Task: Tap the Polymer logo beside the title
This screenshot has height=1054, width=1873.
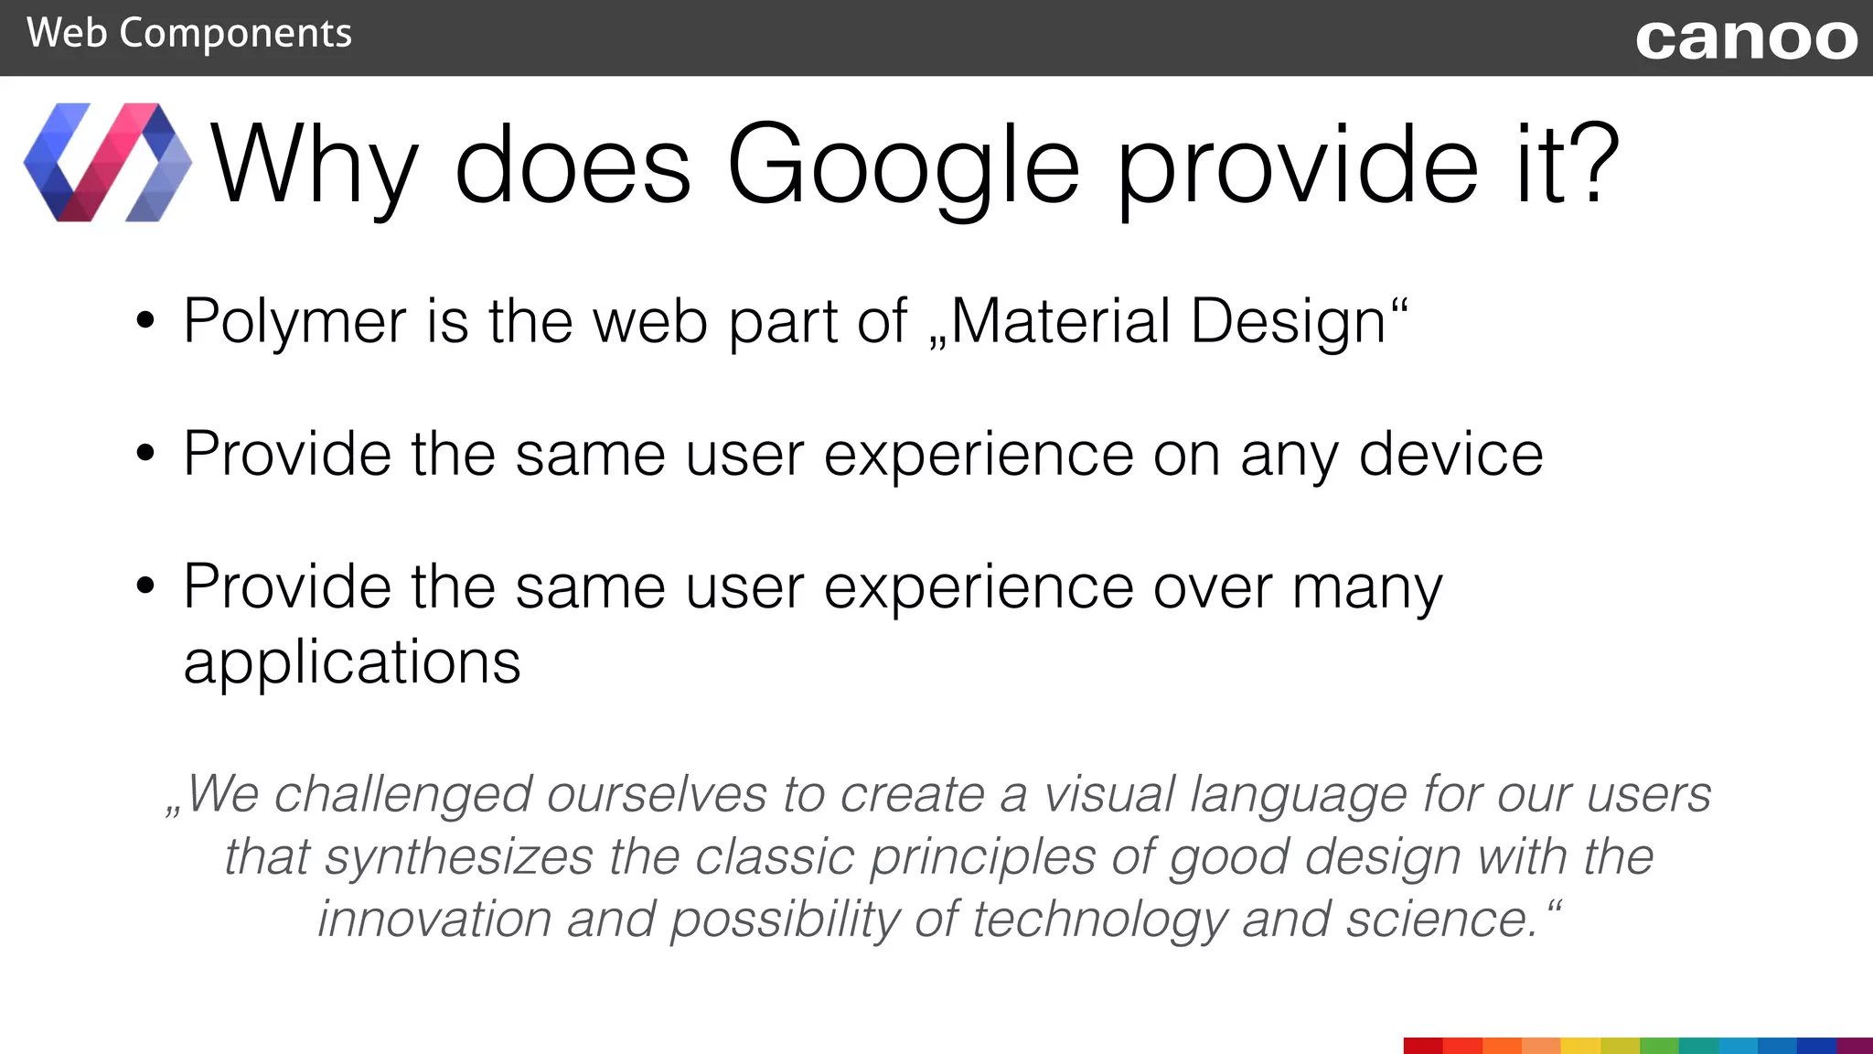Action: [x=108, y=163]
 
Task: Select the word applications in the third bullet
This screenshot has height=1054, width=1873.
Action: [x=352, y=662]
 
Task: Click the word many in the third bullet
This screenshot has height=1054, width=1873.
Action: [x=1367, y=588]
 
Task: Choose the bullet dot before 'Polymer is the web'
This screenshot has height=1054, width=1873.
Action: [x=144, y=322]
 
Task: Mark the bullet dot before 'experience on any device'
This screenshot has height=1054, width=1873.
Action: [x=144, y=454]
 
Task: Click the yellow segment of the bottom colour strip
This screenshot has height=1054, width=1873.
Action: [x=1580, y=1046]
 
